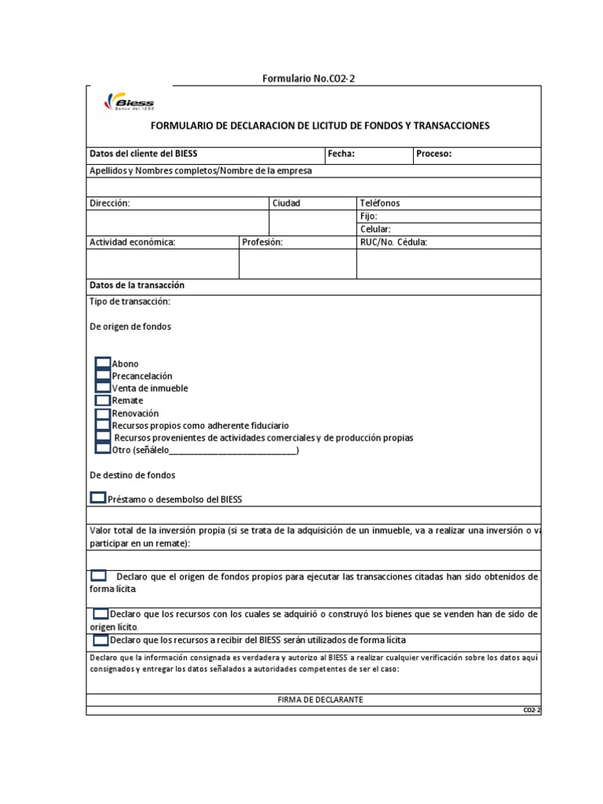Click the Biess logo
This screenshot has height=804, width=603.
point(129,104)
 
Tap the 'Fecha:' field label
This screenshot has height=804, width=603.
point(342,154)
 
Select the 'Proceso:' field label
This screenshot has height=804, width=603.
point(433,154)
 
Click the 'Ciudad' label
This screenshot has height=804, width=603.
point(286,203)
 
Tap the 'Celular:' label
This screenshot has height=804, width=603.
point(375,229)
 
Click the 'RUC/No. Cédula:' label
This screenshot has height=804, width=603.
point(393,243)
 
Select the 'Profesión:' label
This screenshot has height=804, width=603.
point(261,243)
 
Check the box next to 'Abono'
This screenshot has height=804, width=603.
point(103,364)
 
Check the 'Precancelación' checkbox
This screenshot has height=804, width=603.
point(103,376)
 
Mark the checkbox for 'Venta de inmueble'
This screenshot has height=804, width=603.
point(103,388)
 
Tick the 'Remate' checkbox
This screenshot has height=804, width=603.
point(103,400)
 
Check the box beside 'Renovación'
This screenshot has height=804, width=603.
point(103,413)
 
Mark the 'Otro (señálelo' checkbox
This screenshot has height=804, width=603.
point(103,449)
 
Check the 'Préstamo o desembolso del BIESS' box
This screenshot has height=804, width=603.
point(98,498)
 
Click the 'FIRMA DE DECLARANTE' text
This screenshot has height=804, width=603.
point(320,699)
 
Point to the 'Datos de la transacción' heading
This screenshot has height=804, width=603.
point(137,286)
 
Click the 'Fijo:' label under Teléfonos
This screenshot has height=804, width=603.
point(368,216)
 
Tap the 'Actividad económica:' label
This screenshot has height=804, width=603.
point(132,243)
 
